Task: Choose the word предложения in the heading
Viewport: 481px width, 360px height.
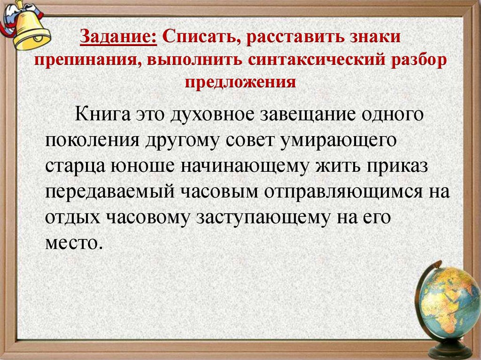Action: tap(240, 83)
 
